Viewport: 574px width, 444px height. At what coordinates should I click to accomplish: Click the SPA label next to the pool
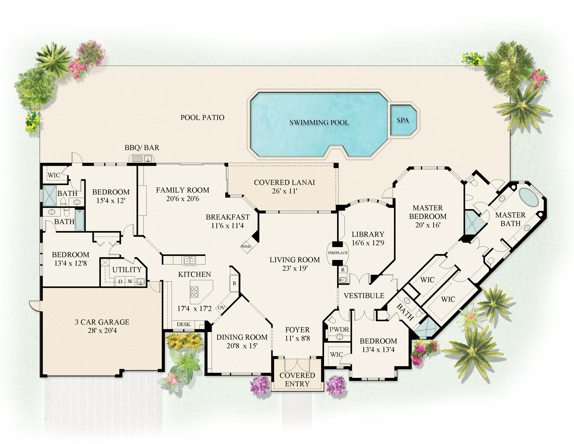(x=402, y=120)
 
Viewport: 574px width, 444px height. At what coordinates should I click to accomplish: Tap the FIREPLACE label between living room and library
(x=337, y=253)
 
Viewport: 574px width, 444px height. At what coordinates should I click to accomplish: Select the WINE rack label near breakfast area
(x=246, y=246)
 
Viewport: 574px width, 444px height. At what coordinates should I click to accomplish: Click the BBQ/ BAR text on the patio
(x=142, y=148)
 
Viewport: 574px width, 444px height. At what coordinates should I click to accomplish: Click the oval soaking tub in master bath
(x=529, y=197)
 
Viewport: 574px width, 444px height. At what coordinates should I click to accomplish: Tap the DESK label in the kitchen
(x=183, y=325)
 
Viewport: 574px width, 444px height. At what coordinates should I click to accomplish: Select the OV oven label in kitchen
(x=221, y=307)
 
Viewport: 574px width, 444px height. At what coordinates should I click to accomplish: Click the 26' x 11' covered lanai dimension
(x=285, y=191)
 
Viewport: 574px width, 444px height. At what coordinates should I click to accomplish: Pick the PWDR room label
(x=339, y=330)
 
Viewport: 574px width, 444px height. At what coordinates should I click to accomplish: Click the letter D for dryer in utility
(x=120, y=281)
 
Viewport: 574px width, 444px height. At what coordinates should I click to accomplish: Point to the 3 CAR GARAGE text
(x=102, y=322)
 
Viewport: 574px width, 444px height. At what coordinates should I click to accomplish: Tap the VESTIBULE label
(x=364, y=296)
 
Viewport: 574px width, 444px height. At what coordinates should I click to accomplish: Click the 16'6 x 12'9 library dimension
(x=368, y=243)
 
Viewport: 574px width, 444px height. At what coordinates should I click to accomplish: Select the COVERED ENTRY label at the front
(x=297, y=379)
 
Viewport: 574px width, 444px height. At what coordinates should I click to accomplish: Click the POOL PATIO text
(x=202, y=117)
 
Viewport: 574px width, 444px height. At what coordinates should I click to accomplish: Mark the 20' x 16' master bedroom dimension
(x=428, y=225)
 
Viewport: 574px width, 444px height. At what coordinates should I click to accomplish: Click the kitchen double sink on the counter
(x=190, y=261)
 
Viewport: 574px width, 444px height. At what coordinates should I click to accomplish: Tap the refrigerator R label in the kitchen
(x=234, y=283)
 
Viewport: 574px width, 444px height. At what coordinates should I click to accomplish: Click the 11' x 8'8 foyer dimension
(x=297, y=338)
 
